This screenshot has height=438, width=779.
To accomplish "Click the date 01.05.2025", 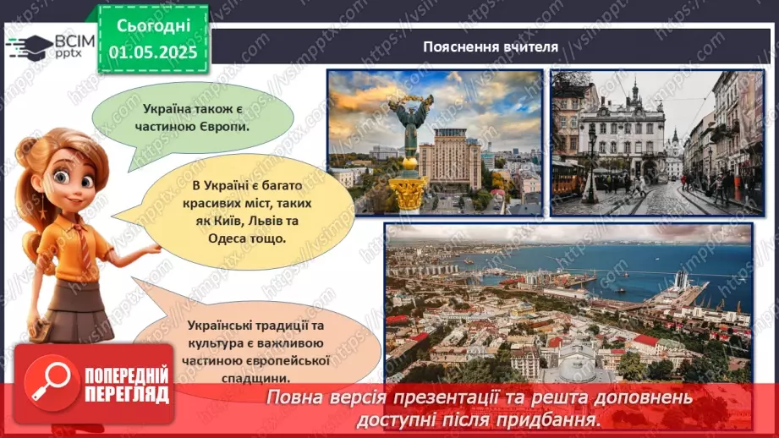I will tap(152, 52).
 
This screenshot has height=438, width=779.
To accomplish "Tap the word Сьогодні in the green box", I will tap(152, 25).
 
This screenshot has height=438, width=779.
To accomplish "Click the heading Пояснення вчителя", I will tap(491, 47).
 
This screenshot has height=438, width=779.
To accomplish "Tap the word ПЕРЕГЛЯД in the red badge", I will tap(127, 394).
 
